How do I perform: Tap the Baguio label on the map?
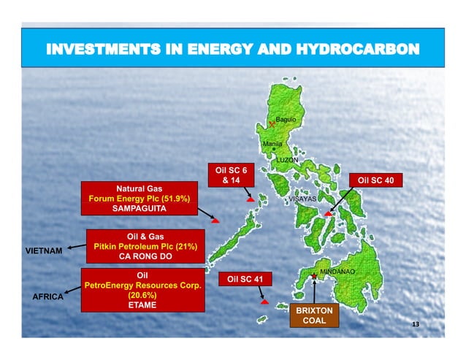tap(286, 118)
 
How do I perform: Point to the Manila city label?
tap(272, 144)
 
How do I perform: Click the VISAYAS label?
tap(302, 199)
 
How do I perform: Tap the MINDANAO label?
tap(337, 272)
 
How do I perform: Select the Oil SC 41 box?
tap(245, 278)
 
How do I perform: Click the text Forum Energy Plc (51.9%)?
tap(139, 199)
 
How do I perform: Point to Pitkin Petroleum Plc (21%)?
tap(143, 246)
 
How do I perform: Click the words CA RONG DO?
tap(143, 256)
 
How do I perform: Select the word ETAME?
tap(139, 305)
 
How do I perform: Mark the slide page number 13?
tap(416, 323)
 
